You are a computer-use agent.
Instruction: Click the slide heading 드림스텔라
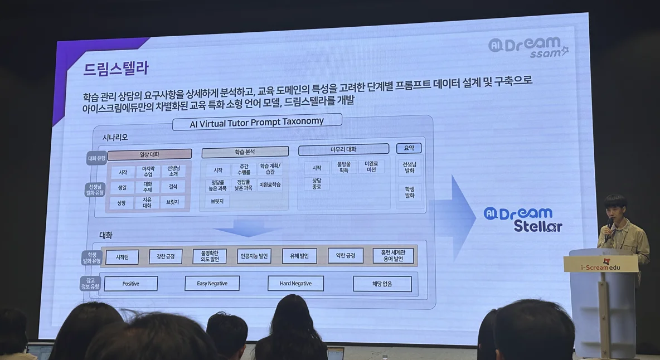116,69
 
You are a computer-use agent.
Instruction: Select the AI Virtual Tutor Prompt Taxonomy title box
248,121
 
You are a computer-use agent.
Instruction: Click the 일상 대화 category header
149,154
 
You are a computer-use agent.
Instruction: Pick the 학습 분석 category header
245,152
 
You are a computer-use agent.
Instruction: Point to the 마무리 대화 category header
343,149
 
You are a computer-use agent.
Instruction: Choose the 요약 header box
409,148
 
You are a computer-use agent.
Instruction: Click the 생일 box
122,188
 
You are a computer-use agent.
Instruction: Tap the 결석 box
173,187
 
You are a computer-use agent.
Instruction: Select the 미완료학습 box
270,184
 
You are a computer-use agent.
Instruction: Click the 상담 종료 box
317,183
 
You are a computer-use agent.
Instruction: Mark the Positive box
130,284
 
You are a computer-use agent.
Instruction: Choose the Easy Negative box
212,283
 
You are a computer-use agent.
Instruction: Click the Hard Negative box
295,283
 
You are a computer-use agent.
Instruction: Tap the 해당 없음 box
382,284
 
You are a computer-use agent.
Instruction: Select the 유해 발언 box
299,256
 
